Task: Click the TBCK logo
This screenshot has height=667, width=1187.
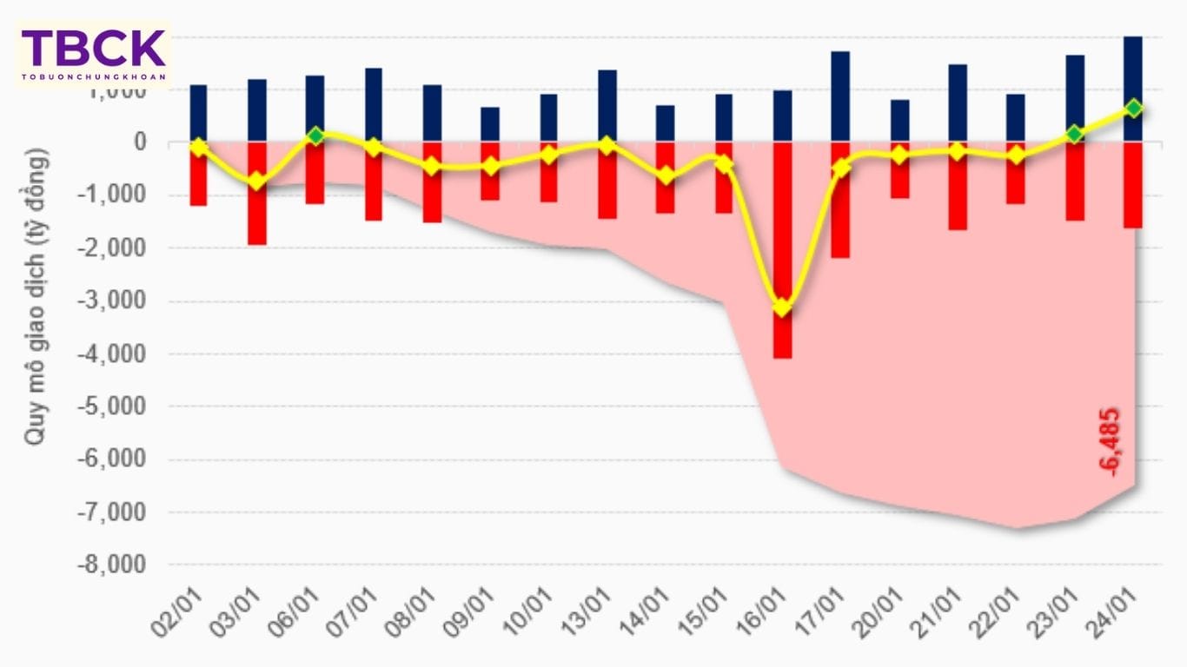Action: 94,53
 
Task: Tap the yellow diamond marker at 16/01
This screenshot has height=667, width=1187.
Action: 782,307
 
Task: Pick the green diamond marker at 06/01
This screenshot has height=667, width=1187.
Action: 315,135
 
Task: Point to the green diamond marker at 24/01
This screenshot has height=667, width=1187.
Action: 1133,108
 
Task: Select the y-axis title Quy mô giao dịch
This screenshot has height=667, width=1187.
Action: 36,296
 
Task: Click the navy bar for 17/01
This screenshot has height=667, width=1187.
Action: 840,96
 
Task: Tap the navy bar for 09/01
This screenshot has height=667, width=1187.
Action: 490,123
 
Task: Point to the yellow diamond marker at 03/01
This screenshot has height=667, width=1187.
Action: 256,181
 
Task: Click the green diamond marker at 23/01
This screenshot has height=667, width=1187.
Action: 1075,134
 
